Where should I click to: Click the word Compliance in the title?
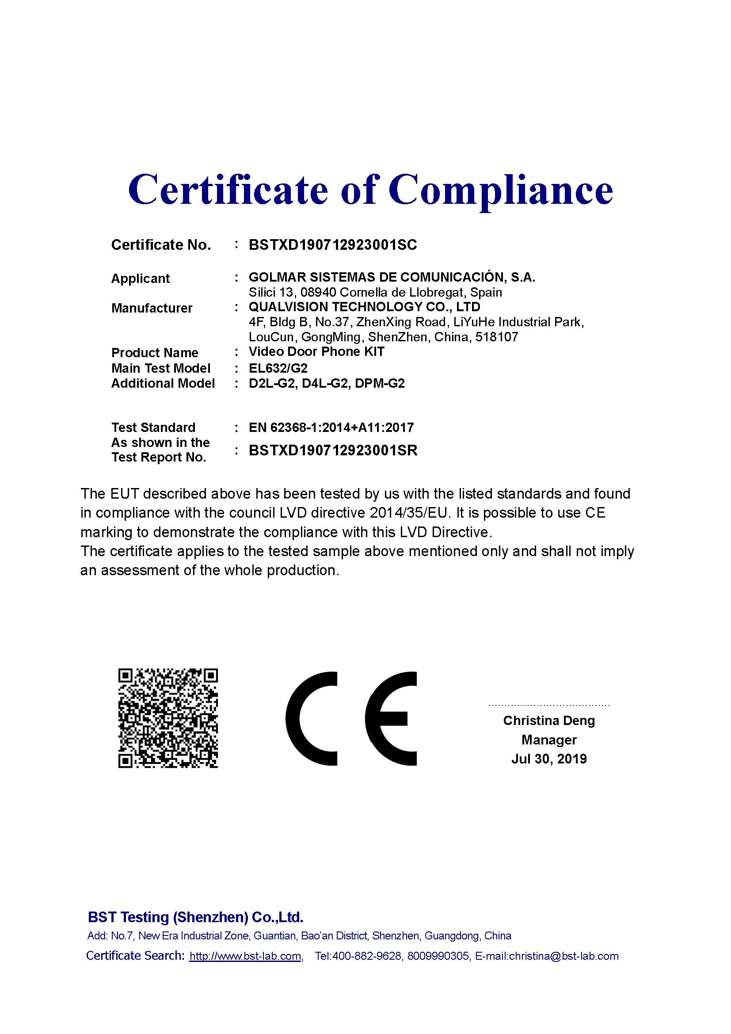501,190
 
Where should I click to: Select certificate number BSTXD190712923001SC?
333,245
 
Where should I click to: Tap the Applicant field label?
140,279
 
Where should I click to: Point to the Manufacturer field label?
152,309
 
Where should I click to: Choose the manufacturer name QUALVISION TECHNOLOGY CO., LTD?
364,307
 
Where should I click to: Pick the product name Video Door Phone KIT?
316,352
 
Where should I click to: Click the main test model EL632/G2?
278,368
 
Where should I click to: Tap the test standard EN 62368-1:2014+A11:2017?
331,427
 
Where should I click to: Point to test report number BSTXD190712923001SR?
333,450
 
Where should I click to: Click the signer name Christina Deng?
549,721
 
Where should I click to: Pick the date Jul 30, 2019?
549,759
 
